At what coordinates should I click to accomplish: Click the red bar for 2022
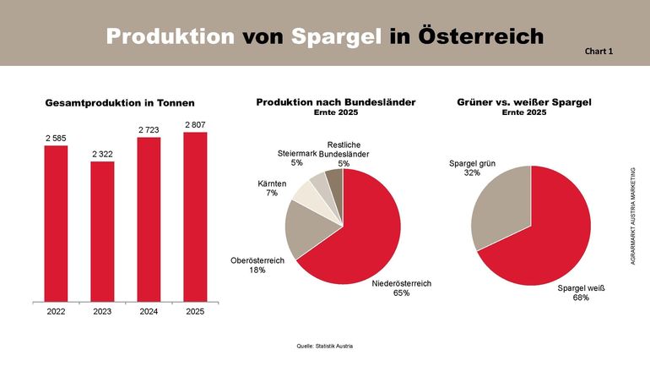click(56, 223)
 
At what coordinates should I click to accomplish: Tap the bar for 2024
click(149, 219)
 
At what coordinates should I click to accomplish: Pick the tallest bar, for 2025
click(195, 216)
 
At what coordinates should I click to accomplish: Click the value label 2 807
click(195, 125)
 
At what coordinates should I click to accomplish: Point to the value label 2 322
click(102, 154)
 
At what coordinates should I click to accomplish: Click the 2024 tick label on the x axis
click(149, 312)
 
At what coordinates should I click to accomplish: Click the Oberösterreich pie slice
click(302, 230)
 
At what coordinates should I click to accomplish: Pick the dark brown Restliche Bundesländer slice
click(334, 183)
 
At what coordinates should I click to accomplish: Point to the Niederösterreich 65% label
click(402, 288)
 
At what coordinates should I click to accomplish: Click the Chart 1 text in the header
click(599, 52)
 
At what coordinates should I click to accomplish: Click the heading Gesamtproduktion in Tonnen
click(120, 103)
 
